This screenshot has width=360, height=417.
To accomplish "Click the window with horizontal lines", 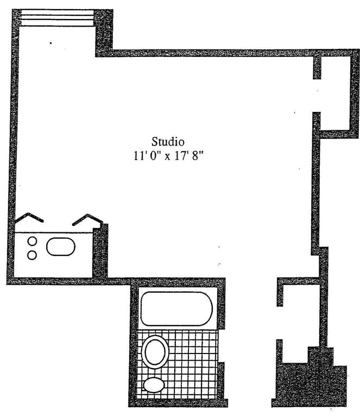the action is click(x=56, y=19).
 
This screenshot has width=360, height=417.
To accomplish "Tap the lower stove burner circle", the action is click(x=31, y=255).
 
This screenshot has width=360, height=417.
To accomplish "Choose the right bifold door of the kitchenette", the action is click(x=87, y=219).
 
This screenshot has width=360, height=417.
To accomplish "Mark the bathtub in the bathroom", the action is click(x=176, y=308).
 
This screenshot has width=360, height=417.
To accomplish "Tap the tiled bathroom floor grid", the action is click(x=190, y=369).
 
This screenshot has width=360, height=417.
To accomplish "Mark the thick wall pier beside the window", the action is click(x=104, y=33).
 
